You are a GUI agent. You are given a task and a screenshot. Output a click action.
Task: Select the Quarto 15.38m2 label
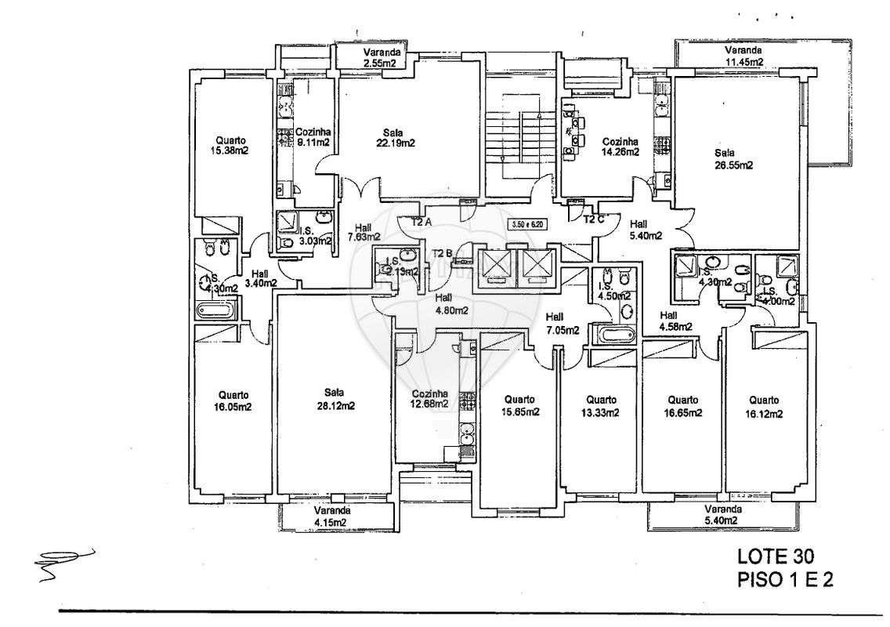point(229,145)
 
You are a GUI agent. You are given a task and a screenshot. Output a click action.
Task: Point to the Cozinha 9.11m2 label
point(313,138)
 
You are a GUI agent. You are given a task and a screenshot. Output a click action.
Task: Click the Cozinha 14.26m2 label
point(618,147)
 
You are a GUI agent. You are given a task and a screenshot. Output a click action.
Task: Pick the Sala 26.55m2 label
point(733,159)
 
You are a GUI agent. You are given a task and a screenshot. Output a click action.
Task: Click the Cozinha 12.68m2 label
point(429,399)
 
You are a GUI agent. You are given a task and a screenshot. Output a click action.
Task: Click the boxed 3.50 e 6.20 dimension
point(526,224)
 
